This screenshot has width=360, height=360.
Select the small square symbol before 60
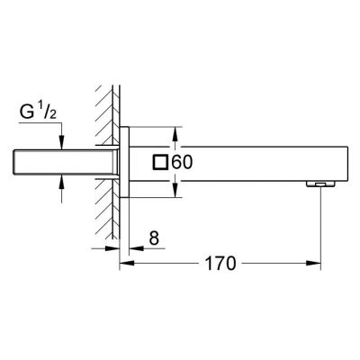[161, 163]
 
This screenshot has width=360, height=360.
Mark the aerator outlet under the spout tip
[319, 184]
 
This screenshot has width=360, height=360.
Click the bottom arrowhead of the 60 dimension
[175, 197]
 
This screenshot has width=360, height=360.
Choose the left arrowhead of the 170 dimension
[126, 265]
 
